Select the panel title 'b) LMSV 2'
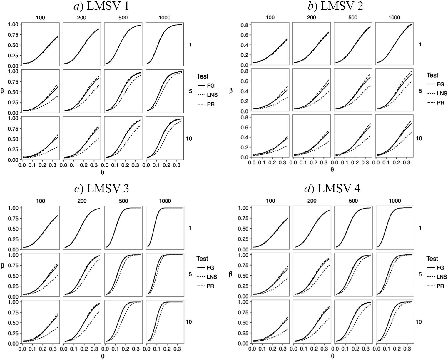(x=333, y=6)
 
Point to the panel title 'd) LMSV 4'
(x=332, y=189)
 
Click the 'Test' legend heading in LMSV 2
(x=432, y=75)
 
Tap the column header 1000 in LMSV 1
(x=164, y=18)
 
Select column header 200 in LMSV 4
(x=312, y=201)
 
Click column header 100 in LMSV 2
(x=270, y=18)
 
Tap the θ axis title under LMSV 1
(x=102, y=172)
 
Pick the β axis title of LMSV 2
(x=231, y=90)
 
